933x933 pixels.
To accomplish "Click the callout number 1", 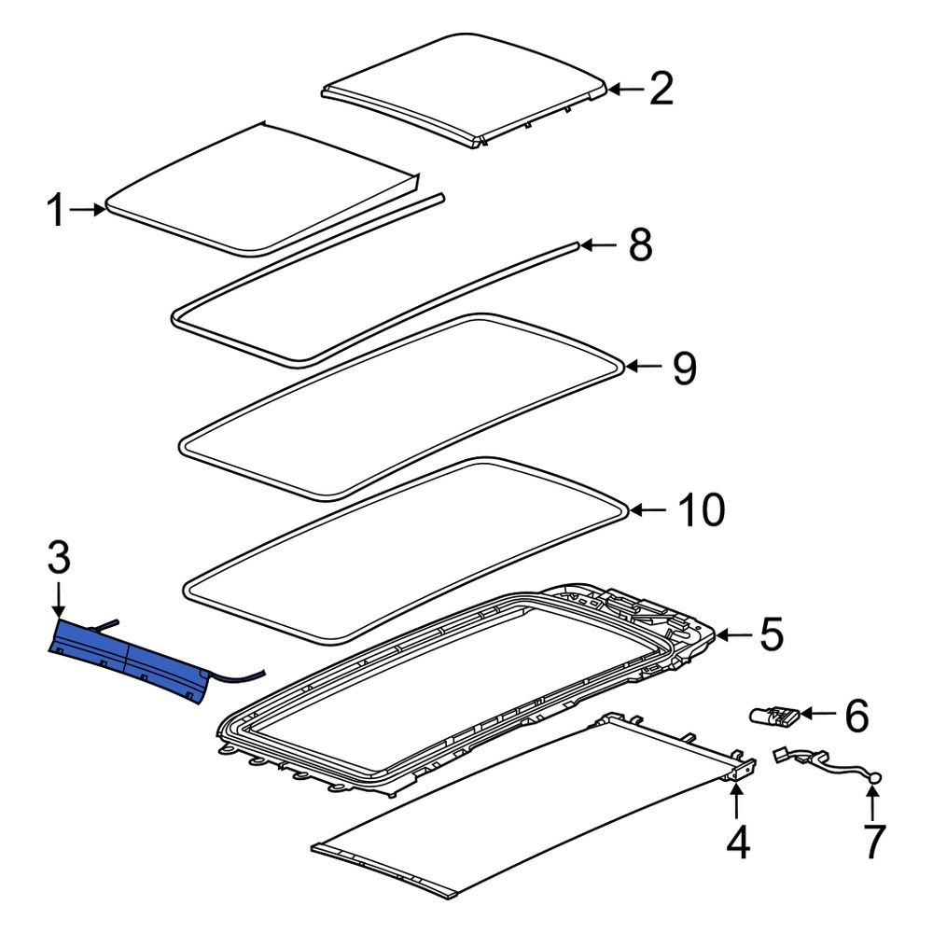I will click(x=58, y=212).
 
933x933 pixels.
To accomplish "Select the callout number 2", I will click(x=661, y=89).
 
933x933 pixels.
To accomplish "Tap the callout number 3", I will click(x=58, y=560).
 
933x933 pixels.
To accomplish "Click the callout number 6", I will click(x=856, y=716).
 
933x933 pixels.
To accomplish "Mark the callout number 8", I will click(x=639, y=245).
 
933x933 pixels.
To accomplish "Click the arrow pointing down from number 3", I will click(x=58, y=600).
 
